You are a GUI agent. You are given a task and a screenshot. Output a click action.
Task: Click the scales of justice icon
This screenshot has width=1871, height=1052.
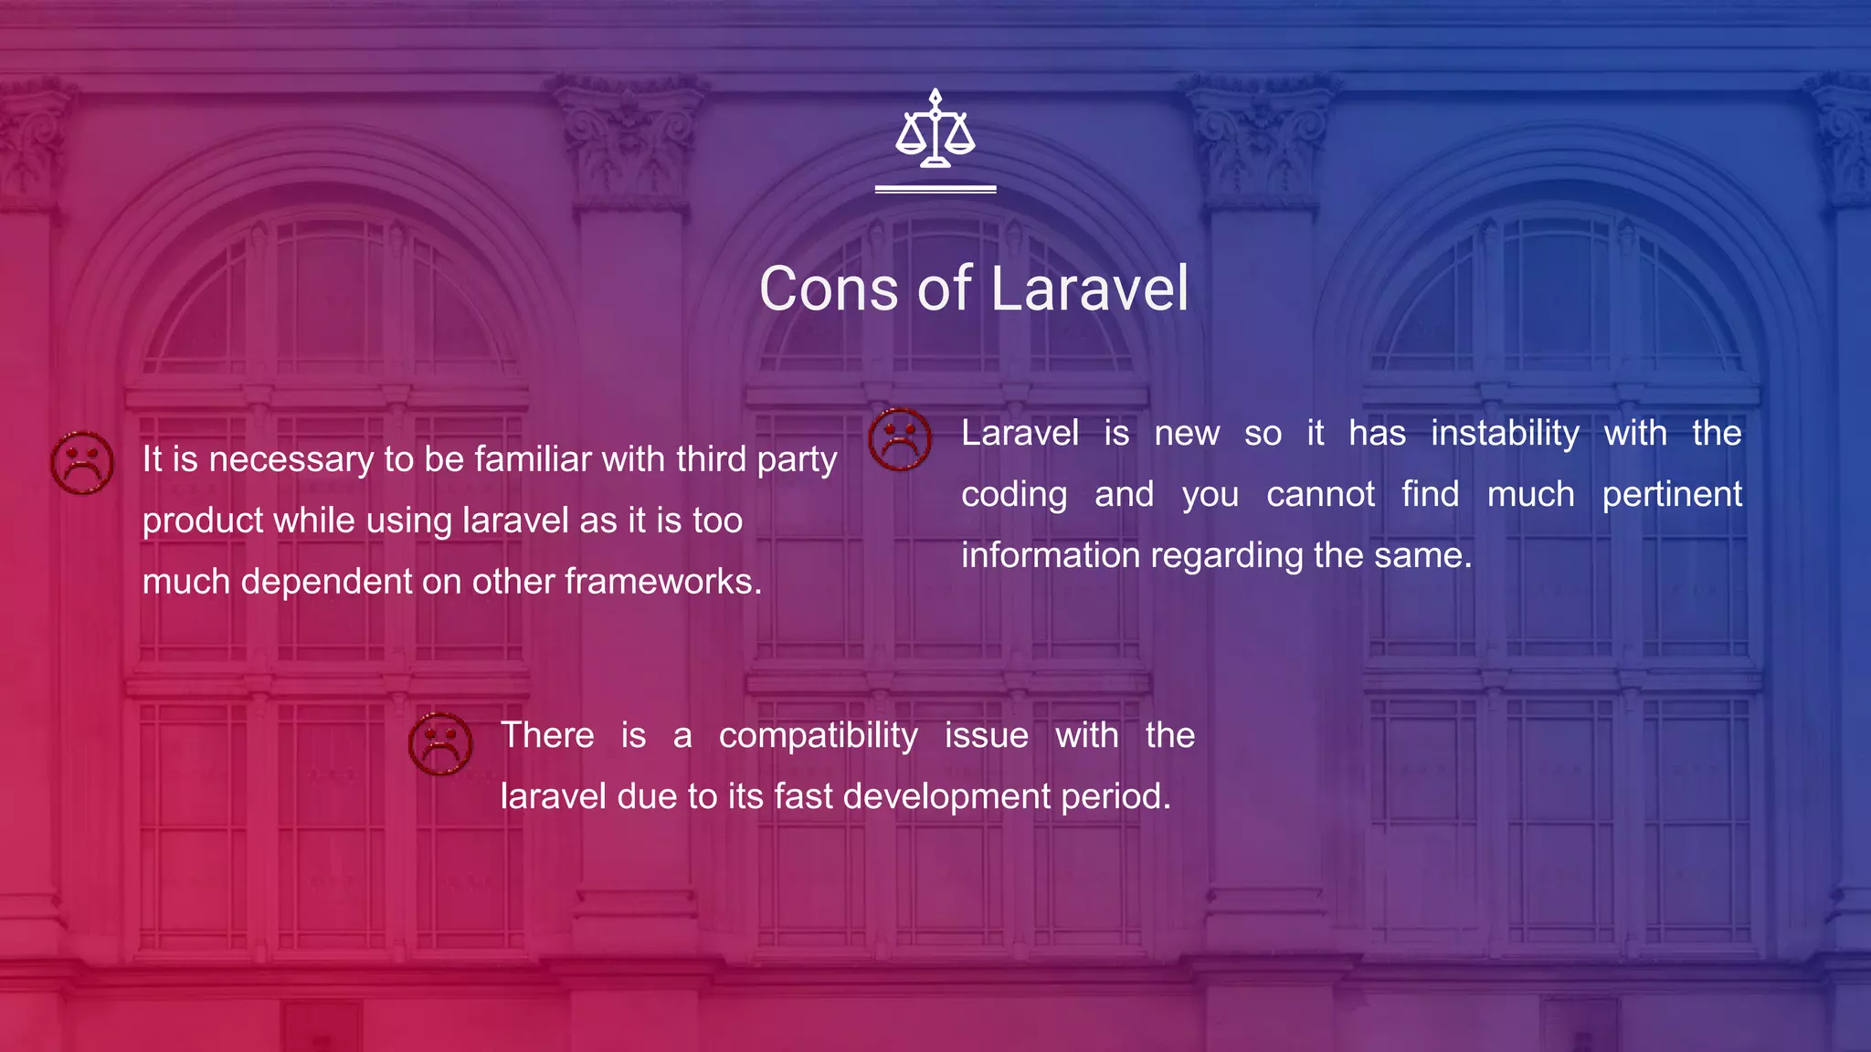tap(935, 130)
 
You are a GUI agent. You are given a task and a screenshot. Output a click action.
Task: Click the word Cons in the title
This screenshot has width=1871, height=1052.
tap(829, 289)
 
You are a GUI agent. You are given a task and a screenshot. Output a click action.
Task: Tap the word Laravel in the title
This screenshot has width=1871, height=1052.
tap(1089, 289)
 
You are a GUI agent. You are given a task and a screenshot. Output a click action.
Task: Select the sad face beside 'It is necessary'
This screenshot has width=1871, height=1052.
tap(82, 463)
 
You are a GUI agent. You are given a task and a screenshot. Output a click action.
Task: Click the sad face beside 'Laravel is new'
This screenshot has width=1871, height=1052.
tap(900, 439)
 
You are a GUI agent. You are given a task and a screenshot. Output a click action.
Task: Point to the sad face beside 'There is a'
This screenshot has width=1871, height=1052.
tap(440, 743)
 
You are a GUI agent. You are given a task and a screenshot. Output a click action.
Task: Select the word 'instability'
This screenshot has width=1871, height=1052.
tap(1505, 433)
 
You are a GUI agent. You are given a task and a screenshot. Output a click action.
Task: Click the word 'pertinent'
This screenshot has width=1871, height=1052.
tap(1672, 494)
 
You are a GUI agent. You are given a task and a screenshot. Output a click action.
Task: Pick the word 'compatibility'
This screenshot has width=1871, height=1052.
tap(818, 735)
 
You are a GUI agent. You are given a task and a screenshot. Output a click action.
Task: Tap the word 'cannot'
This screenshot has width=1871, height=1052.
tap(1320, 494)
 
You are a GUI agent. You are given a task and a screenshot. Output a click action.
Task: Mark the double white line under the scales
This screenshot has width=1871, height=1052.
tap(935, 189)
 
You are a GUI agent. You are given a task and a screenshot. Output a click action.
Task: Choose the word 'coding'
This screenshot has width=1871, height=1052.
tap(1014, 495)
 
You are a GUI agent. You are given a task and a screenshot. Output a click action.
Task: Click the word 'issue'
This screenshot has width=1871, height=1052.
tap(986, 735)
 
